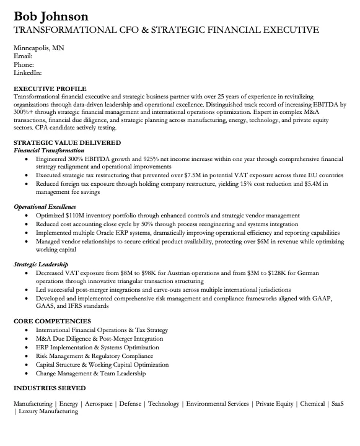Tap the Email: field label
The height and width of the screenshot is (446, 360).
tap(23, 56)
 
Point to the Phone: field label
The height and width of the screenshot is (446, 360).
tap(24, 64)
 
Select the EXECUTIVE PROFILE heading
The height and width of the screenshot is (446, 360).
tap(50, 89)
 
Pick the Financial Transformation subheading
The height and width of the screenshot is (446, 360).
tap(49, 151)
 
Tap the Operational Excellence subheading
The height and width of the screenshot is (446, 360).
tap(45, 206)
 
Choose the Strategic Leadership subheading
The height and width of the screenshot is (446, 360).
tap(42, 264)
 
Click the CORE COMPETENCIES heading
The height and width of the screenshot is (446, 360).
tap(52, 321)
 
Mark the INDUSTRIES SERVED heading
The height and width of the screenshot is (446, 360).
tap(50, 388)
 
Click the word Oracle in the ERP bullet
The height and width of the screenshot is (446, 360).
tap(125, 232)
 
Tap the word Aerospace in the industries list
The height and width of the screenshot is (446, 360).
tap(99, 404)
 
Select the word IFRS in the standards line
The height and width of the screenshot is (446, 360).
tap(68, 307)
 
